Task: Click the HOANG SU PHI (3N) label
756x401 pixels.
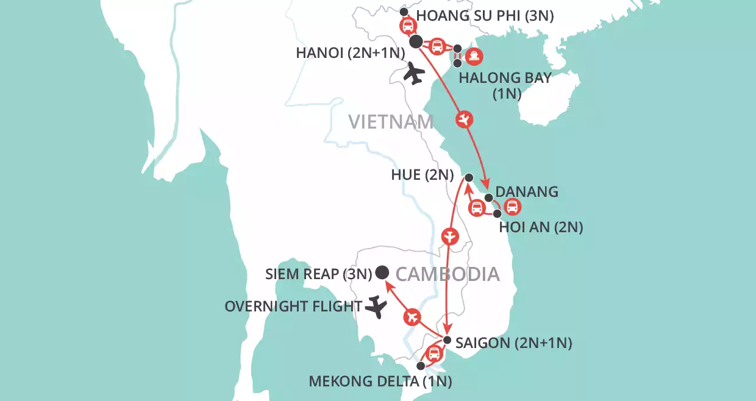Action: pos(484,16)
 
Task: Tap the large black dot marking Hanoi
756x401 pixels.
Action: pos(416,41)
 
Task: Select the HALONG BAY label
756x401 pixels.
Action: pos(505,78)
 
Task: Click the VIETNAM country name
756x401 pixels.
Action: pos(391,122)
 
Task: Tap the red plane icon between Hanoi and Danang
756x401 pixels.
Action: pos(465,119)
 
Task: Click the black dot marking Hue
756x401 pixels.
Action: pos(468,177)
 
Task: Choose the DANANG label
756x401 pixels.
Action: pos(528,191)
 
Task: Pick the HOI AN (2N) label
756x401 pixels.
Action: pos(541,227)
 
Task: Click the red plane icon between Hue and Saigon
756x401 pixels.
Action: pos(449,235)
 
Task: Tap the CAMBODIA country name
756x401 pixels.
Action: pos(448,274)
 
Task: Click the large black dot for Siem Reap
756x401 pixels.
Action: pos(383,272)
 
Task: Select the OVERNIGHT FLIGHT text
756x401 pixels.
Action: pos(293,306)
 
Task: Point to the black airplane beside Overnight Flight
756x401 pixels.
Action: pos(377,307)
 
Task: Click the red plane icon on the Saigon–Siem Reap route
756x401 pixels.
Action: pos(413,316)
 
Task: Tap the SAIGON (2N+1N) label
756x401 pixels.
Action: pos(515,343)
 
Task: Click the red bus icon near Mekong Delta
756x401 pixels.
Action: pos(433,353)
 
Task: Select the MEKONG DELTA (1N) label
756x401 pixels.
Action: pos(380,383)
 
